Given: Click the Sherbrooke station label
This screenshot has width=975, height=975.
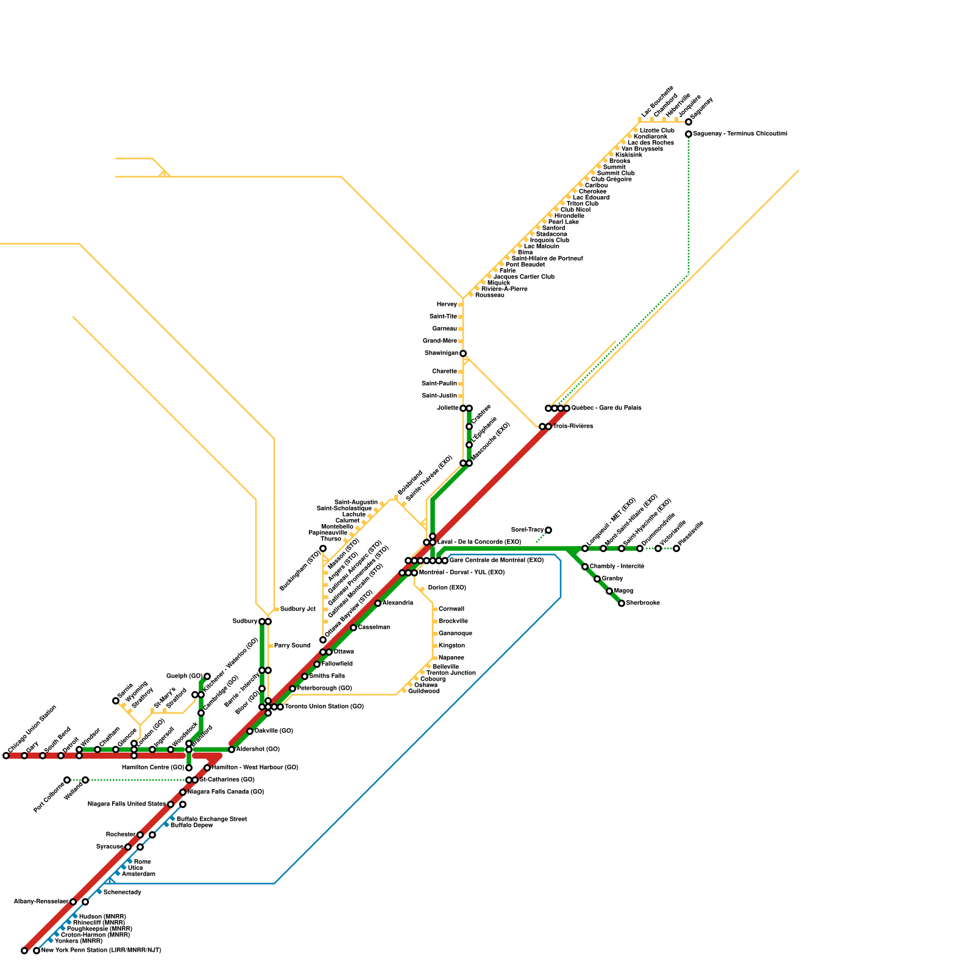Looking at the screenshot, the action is pos(643,603).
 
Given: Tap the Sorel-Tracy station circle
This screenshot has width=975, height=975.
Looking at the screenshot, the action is pos(548,530).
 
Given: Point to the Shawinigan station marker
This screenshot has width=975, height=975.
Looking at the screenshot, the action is pos(463,353).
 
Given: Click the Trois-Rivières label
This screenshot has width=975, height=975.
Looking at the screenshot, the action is pos(573,427).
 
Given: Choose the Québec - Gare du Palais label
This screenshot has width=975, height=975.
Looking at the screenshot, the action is pos(606,408).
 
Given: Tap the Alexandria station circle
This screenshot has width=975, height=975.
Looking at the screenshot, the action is pos(378,603).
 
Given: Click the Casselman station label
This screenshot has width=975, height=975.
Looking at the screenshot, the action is pos(374,628).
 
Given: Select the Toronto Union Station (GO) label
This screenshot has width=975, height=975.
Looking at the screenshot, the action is pos(324,707).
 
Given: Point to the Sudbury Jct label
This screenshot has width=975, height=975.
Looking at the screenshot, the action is pos(297,609).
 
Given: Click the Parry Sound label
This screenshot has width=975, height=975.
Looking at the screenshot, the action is pos(292,646).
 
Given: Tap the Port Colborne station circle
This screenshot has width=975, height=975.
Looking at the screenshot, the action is pos(67,780).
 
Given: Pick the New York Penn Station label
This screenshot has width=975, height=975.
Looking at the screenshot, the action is pos(101,951).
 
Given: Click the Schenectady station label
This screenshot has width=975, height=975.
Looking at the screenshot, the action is pos(122,893).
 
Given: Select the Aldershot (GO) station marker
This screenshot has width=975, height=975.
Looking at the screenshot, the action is pos(232,750).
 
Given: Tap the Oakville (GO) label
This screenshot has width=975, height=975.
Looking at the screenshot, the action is pos(274,731).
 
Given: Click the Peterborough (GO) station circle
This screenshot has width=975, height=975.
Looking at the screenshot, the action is pos(292,689).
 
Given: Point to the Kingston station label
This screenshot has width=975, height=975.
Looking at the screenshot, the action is pos(452,646).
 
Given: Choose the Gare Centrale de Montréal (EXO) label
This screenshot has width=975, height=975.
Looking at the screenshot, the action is pos(497,561).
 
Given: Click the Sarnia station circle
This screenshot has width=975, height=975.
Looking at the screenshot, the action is pos(116,701).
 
